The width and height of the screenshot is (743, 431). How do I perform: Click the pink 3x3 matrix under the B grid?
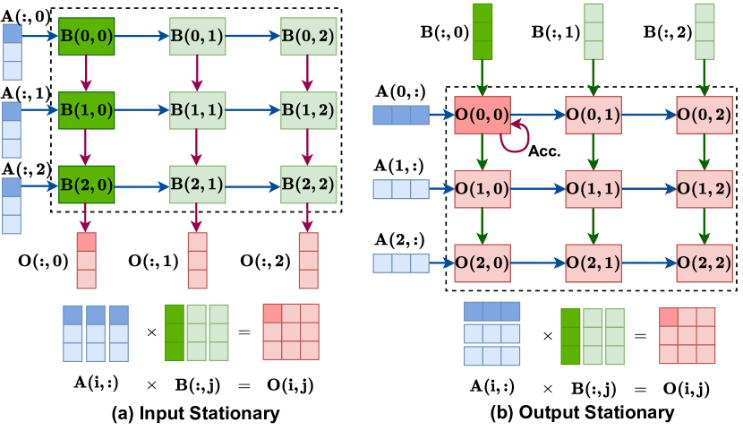pyautogui.click(x=291, y=332)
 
